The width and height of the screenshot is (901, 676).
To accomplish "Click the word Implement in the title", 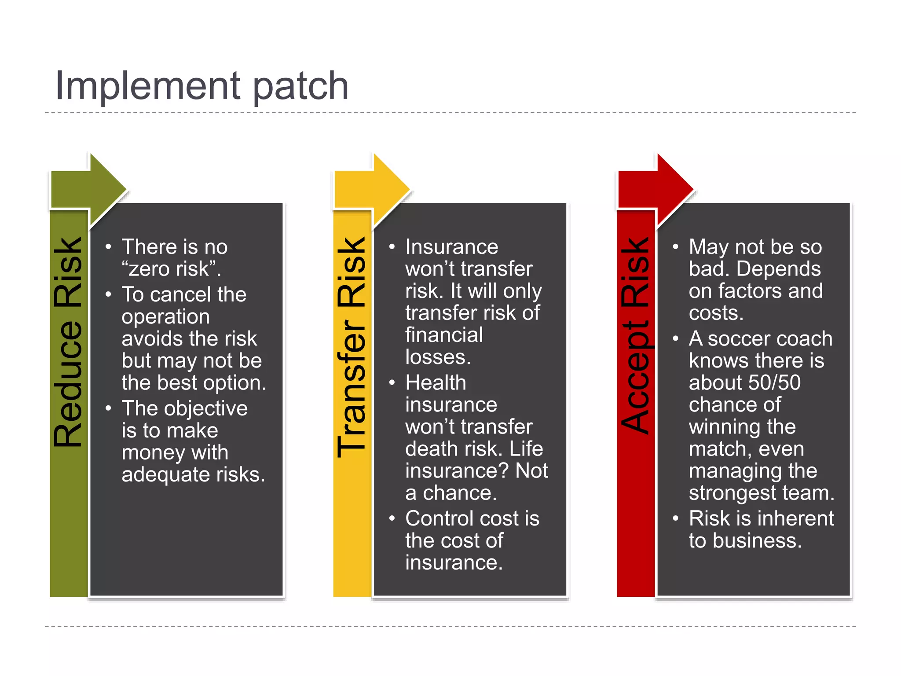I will [x=147, y=86].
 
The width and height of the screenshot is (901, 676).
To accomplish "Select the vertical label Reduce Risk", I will [x=68, y=342].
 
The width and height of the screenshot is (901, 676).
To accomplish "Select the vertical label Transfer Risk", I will [x=352, y=348].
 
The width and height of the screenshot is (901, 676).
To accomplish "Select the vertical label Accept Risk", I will [x=636, y=335].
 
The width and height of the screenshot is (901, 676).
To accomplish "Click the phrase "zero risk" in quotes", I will [x=169, y=269].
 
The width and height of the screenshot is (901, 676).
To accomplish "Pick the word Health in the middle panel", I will [x=436, y=383].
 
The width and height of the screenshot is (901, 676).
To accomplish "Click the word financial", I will [x=444, y=335].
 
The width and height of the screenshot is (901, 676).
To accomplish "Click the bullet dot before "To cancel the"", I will [x=108, y=294].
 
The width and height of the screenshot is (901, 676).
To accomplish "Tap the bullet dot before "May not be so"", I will [x=675, y=247].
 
